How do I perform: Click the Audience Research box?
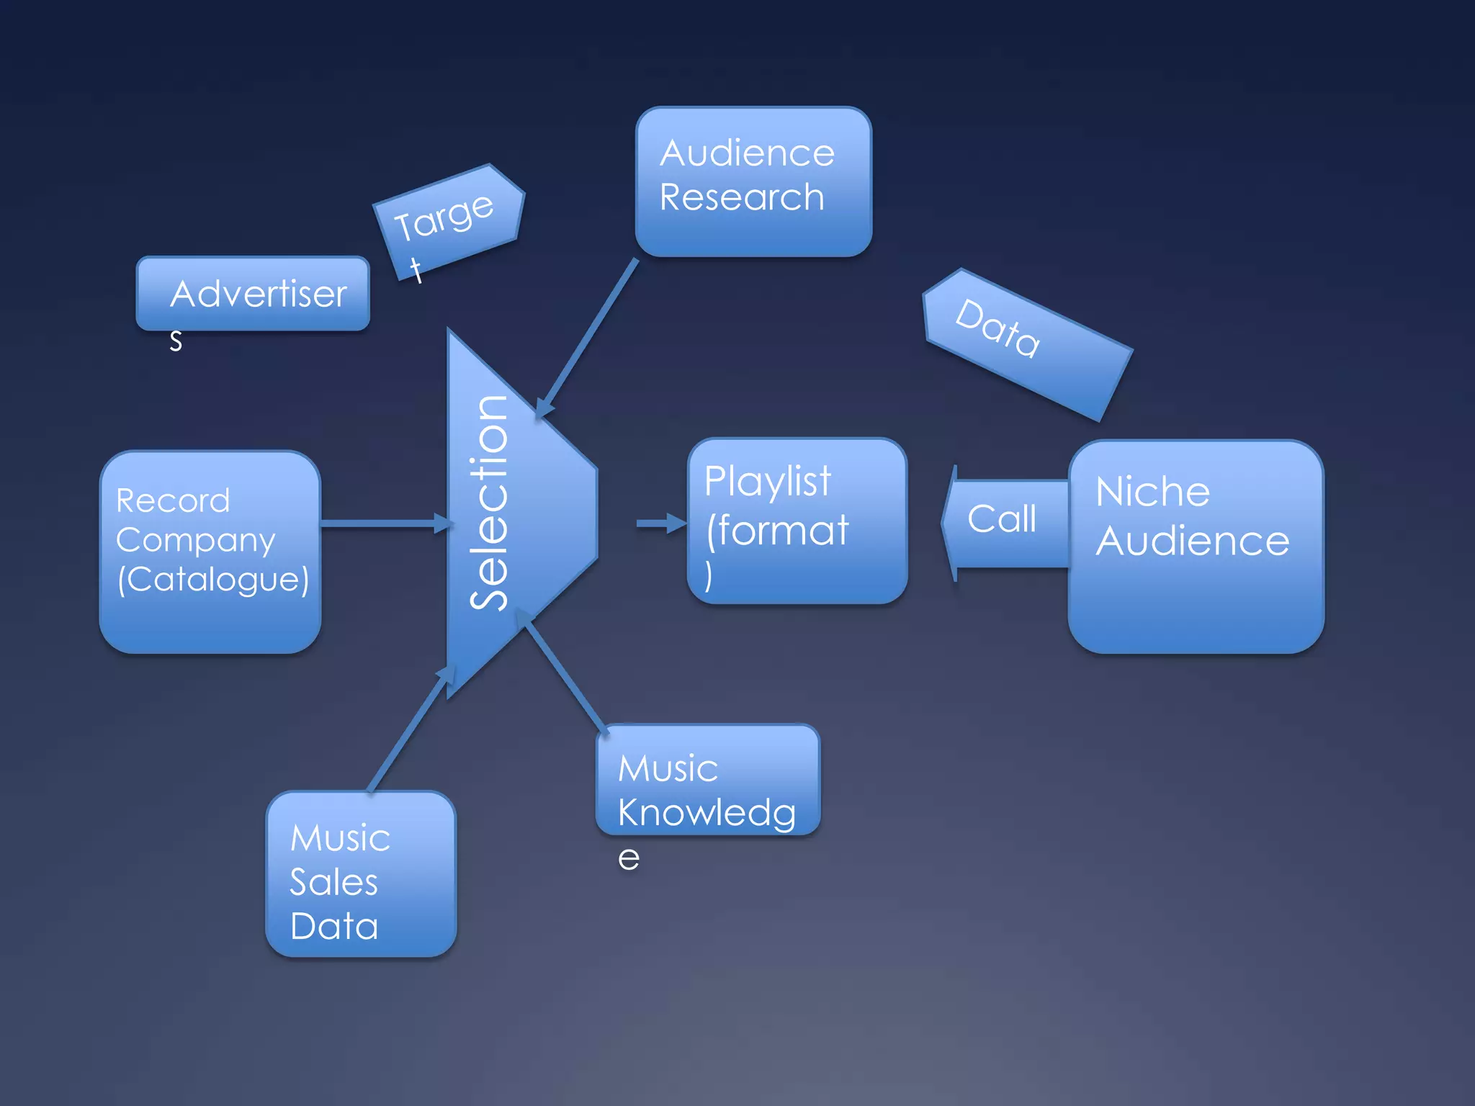coord(753,181)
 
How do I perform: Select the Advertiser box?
coord(253,294)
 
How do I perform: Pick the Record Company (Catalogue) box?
coord(210,552)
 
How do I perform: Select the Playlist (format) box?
coord(797,521)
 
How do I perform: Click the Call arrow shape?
coord(1004,521)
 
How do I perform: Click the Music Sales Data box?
coord(361,874)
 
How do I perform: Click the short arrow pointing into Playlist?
coord(660,523)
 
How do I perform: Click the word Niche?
coord(1152,493)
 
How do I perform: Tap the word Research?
coord(742,197)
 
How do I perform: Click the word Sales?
coord(333,882)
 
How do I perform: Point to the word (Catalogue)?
coord(213,580)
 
